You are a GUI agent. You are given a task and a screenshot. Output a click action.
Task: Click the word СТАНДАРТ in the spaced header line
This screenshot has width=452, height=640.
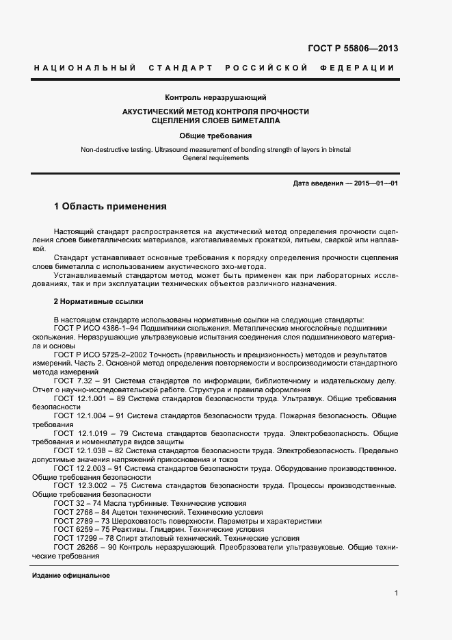coord(178,68)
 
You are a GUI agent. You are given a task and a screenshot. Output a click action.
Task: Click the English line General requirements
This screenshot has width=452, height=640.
coord(215,157)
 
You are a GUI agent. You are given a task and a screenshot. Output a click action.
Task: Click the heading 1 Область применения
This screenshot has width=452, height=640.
coord(110,206)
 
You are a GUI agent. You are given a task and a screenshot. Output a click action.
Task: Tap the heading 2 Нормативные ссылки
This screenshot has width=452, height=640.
coord(98,301)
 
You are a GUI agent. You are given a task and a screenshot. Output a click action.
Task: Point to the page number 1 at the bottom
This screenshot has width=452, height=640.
coord(396,593)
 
